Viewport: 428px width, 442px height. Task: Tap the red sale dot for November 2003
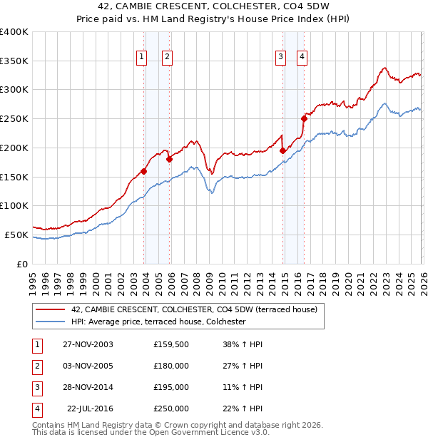(144, 171)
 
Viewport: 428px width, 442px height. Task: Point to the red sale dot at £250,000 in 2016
(304, 119)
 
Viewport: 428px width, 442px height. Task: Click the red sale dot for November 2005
(169, 160)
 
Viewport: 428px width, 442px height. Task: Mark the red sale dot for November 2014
(283, 150)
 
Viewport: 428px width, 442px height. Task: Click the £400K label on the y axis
(14, 32)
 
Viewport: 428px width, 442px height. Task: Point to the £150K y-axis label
(14, 177)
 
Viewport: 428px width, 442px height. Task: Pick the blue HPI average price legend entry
(158, 322)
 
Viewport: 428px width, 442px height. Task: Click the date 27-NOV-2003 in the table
(88, 344)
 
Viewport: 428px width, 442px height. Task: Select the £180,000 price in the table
(171, 366)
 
